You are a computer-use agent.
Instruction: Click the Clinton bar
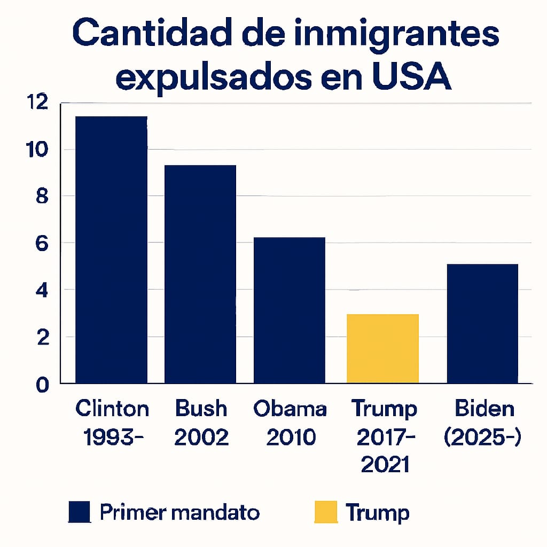tap(111, 250)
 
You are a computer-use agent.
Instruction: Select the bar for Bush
tap(200, 274)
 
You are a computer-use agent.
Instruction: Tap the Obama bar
tap(290, 310)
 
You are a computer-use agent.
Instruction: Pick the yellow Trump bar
tap(382, 349)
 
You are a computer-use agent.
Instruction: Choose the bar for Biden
tap(482, 324)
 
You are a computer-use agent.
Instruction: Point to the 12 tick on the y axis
tap(39, 103)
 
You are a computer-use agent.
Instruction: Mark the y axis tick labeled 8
tap(43, 196)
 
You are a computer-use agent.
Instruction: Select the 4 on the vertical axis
tap(43, 290)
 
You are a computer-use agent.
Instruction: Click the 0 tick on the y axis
tap(43, 384)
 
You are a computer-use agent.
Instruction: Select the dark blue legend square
tap(79, 512)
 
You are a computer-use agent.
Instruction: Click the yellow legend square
tap(325, 512)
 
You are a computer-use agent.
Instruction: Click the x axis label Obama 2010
tap(290, 424)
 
